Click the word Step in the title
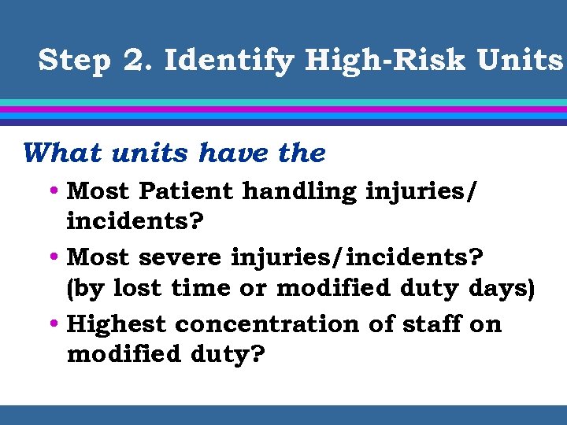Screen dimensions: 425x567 75,60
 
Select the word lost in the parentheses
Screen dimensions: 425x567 137,288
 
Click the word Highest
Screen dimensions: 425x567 117,324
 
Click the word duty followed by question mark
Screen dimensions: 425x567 232,356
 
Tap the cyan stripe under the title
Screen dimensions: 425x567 283,102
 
